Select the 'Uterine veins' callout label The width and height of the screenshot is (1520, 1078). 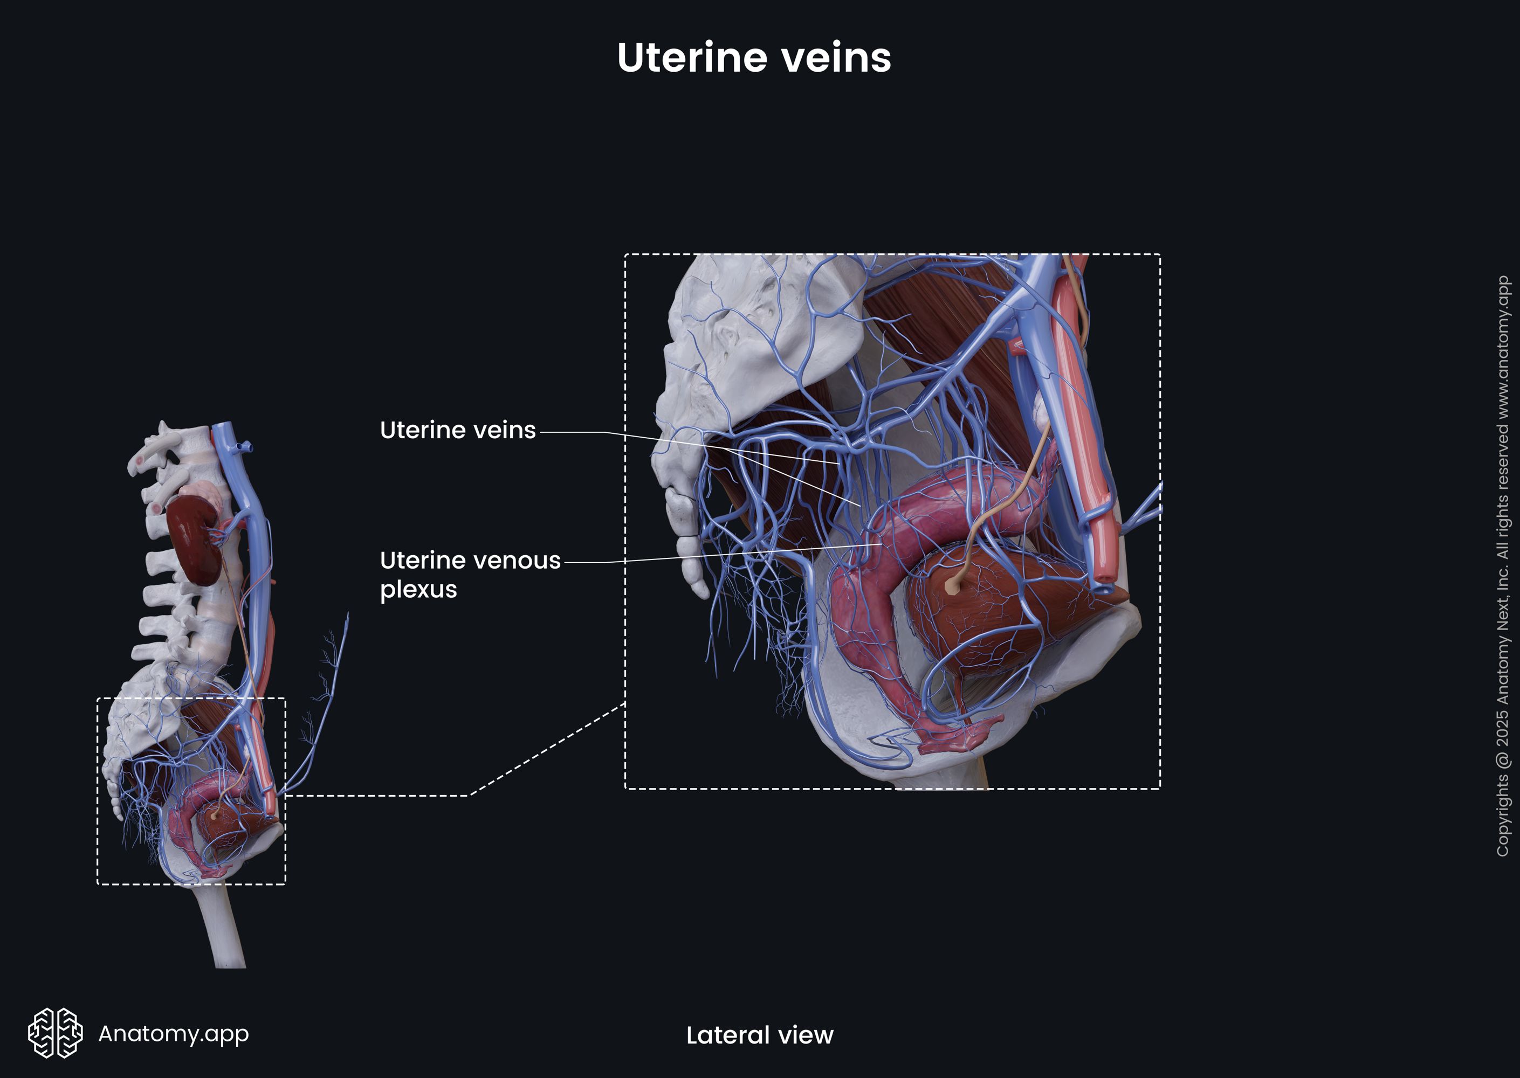tap(458, 430)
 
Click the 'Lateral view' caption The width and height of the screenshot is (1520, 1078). tap(759, 1035)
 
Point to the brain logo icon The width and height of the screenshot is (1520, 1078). tap(55, 1032)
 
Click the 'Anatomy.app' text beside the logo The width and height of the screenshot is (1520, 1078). tap(173, 1033)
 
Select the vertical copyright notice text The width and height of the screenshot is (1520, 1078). tap(1502, 565)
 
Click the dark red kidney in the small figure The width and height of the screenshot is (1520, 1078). tap(192, 541)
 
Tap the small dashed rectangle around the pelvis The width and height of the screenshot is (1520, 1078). tap(98, 790)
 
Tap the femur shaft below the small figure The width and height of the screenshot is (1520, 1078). tap(226, 929)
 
